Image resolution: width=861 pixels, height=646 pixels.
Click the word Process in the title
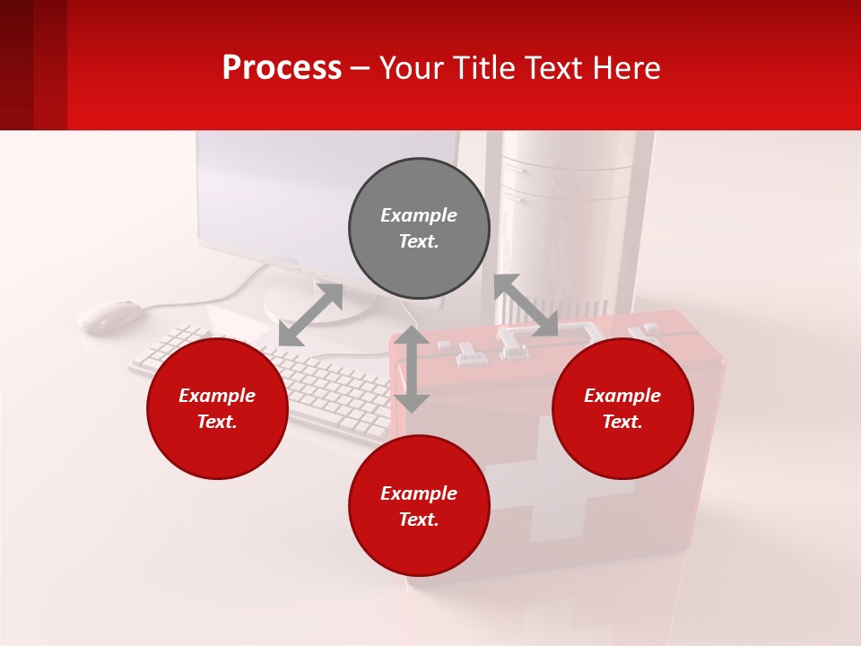coord(282,68)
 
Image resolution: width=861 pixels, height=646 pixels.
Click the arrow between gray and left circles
coord(310,314)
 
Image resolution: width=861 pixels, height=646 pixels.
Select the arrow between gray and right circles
coord(526,306)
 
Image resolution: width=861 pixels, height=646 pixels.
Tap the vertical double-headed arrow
coord(412,369)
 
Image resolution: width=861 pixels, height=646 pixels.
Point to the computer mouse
coord(110,316)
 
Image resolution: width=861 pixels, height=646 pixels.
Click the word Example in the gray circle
coord(419,215)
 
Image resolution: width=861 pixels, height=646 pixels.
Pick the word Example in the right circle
coord(622,396)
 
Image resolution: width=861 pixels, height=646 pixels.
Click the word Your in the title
coord(415,68)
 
